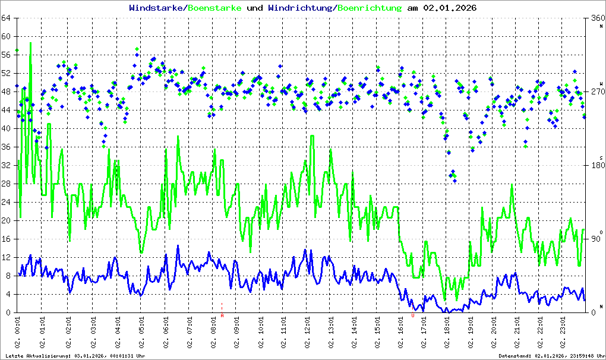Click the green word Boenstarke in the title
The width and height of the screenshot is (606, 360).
[214, 8]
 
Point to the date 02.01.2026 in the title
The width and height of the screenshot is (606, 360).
[449, 8]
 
